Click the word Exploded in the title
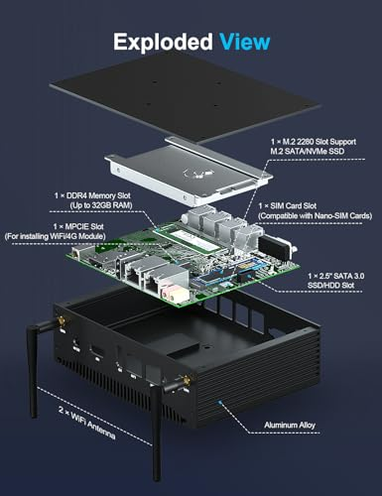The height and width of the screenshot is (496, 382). [163, 42]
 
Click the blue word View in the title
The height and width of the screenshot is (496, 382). [245, 42]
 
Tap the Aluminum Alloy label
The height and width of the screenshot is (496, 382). [290, 425]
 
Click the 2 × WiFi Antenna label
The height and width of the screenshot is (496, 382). [87, 423]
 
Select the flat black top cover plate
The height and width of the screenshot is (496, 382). [185, 97]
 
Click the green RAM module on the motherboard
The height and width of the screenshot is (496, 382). [190, 237]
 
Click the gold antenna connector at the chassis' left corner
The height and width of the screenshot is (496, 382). [62, 321]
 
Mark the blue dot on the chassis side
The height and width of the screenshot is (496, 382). [220, 402]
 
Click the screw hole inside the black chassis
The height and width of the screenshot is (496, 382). [207, 347]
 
